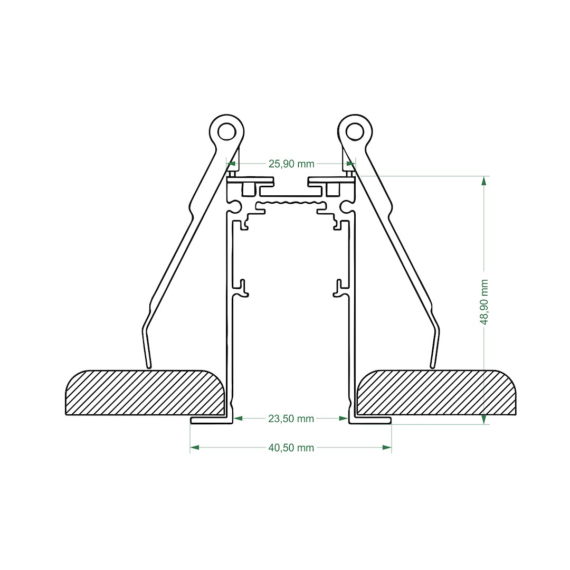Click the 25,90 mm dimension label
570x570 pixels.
tap(291, 164)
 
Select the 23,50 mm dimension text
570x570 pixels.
tap(291, 419)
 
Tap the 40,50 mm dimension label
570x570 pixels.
tap(291, 448)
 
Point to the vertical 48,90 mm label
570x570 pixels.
tap(484, 302)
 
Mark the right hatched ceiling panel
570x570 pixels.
tap(436, 393)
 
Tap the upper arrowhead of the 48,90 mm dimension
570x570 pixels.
tap(483, 180)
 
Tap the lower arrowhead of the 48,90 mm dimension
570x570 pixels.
tap(483, 420)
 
